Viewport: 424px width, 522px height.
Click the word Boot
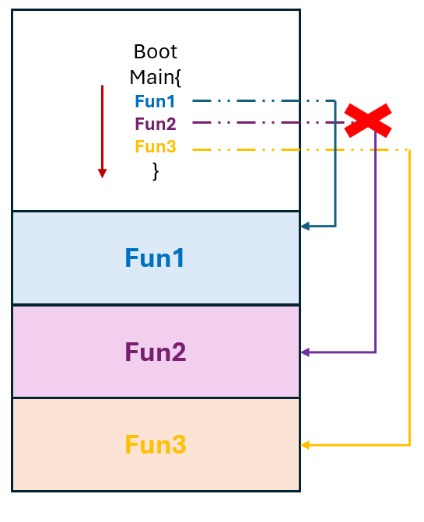tap(156, 52)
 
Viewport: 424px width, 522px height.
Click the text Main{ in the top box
tap(156, 77)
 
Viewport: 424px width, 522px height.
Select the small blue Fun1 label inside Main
tap(156, 101)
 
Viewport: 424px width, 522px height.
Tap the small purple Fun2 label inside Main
tap(156, 124)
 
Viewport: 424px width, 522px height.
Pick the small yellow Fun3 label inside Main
tap(156, 147)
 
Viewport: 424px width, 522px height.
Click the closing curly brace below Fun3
tap(156, 170)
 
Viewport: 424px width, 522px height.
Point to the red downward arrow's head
tap(102, 173)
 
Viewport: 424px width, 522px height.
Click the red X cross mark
tap(368, 121)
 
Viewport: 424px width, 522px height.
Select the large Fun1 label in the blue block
tap(156, 257)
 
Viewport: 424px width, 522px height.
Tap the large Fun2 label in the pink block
tap(156, 352)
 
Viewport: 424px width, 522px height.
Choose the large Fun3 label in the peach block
tap(156, 446)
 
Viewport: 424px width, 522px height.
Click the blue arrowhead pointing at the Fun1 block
tap(305, 226)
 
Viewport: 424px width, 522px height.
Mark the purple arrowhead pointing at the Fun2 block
tap(305, 352)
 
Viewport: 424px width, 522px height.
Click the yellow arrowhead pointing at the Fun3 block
tap(305, 445)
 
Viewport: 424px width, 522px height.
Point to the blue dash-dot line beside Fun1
tap(257, 100)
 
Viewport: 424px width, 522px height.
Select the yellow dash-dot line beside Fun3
tap(296, 149)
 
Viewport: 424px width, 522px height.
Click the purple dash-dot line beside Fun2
tap(257, 123)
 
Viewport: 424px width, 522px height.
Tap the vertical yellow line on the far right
tap(409, 311)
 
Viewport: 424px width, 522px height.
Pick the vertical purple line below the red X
tap(376, 249)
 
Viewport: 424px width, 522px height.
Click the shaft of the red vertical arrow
tap(102, 124)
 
